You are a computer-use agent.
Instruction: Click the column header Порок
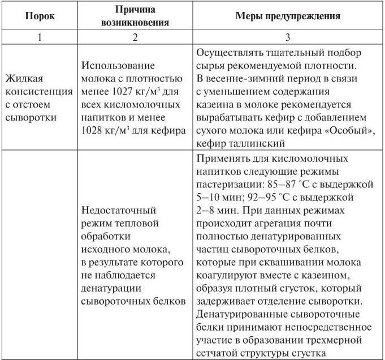pyautogui.click(x=40, y=16)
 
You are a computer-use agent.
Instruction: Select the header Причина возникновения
pyautogui.click(x=134, y=16)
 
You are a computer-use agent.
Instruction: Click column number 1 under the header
pyautogui.click(x=40, y=38)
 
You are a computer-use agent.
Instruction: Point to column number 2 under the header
pyautogui.click(x=134, y=38)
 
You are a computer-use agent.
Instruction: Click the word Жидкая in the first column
pyautogui.click(x=25, y=79)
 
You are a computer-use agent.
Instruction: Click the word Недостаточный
pyautogui.click(x=116, y=210)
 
